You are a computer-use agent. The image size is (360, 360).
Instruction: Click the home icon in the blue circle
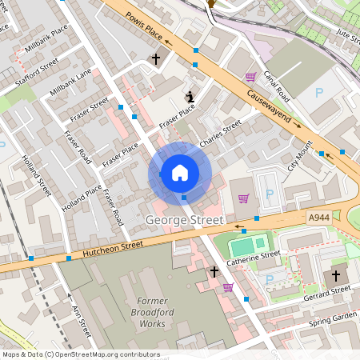(179, 173)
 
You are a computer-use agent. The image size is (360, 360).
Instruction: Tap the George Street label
(185, 218)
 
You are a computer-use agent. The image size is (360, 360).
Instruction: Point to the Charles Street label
(220, 132)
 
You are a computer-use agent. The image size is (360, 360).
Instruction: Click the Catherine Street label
(253, 258)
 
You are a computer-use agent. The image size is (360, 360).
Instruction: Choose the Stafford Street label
(38, 70)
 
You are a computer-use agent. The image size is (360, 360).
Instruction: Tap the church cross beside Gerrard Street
(336, 276)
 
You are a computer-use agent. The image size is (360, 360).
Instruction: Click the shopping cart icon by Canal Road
(250, 78)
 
